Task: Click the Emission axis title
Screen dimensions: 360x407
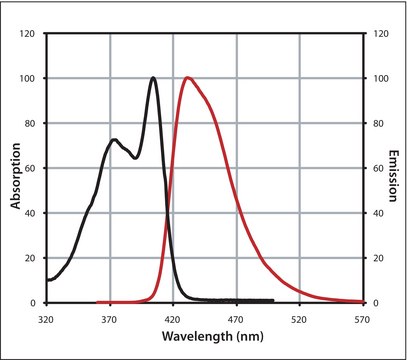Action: [x=392, y=168]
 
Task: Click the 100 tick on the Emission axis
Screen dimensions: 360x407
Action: [x=377, y=78]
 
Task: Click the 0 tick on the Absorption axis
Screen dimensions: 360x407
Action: [x=35, y=302]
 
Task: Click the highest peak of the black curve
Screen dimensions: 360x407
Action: [x=153, y=78]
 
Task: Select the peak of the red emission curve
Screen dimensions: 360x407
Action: [x=187, y=78]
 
